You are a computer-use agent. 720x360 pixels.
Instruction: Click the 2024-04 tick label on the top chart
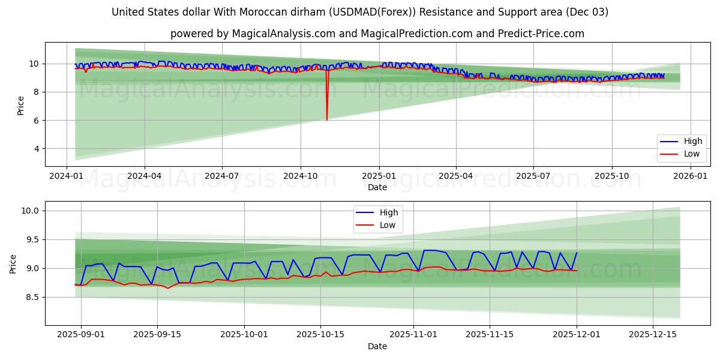[145, 176]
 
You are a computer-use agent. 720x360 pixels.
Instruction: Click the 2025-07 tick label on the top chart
[533, 176]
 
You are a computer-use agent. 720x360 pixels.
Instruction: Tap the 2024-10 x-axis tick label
[300, 176]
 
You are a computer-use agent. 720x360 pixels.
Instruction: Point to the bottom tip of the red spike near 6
[327, 120]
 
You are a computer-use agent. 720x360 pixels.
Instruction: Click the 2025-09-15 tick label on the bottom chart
[157, 335]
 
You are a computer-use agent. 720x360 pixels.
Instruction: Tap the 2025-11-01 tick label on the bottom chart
[413, 335]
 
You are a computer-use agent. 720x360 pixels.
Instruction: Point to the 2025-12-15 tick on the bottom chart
[652, 335]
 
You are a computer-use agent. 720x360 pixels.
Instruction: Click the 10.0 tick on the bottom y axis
[31, 211]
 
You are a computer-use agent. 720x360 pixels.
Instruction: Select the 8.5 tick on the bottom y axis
[31, 297]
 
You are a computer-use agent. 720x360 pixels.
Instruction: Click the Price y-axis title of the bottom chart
[13, 263]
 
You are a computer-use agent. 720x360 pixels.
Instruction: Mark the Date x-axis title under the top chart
[377, 187]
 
